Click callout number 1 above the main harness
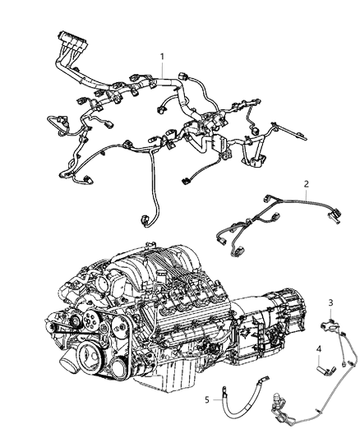[x=162, y=57]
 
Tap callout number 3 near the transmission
[x=331, y=303]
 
